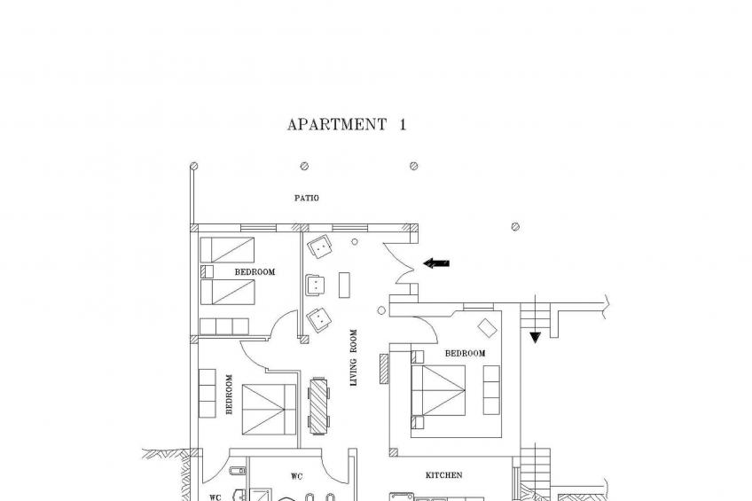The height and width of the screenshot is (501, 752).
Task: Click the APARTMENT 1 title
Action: coord(346,125)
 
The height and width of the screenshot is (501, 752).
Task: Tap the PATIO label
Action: coord(307,198)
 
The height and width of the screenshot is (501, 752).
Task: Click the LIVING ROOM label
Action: coord(354,357)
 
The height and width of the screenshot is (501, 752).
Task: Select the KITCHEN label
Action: coord(444,475)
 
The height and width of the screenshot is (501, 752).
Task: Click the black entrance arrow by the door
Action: coord(436,262)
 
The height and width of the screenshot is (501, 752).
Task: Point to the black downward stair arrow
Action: coord(536,338)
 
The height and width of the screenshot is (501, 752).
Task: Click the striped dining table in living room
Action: coord(318,406)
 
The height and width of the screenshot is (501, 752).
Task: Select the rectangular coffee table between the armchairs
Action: coord(344,285)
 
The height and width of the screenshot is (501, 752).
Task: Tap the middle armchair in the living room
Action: coord(315,286)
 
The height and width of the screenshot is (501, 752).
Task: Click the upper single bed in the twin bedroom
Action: coord(227,250)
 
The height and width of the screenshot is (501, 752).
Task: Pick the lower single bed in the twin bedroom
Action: coord(227,292)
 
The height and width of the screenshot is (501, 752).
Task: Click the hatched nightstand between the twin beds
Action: coord(207,271)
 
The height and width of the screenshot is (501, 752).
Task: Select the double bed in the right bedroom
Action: coord(438,390)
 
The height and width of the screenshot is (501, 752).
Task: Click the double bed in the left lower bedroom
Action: coord(269,410)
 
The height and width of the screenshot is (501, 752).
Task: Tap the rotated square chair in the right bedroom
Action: coord(487,328)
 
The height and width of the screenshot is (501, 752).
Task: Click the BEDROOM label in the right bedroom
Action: coord(466,353)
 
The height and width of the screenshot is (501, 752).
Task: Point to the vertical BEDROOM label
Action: coord(229,394)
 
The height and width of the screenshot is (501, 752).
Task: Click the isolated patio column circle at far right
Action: coord(515,227)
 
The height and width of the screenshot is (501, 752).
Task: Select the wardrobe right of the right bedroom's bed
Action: coord(491,390)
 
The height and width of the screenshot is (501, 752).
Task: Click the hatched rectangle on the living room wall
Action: coord(384,369)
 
